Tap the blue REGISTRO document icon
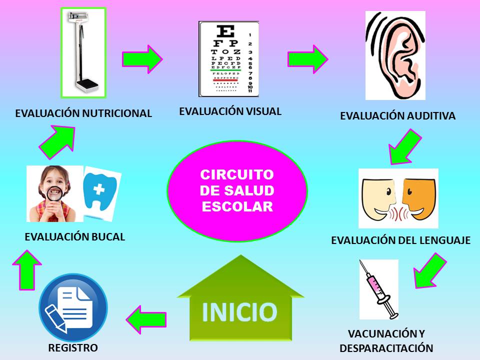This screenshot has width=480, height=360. point(73,307)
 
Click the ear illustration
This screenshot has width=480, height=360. point(395,55)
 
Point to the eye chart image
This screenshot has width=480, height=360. point(228,58)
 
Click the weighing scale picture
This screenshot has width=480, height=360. point(83,52)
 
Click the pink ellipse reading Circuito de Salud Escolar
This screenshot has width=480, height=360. point(237,191)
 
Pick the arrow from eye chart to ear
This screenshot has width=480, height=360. point(307,58)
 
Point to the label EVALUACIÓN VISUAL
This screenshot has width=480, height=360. point(230,111)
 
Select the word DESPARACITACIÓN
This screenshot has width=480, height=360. point(386,348)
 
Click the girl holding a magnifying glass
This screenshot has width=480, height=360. point(54,194)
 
